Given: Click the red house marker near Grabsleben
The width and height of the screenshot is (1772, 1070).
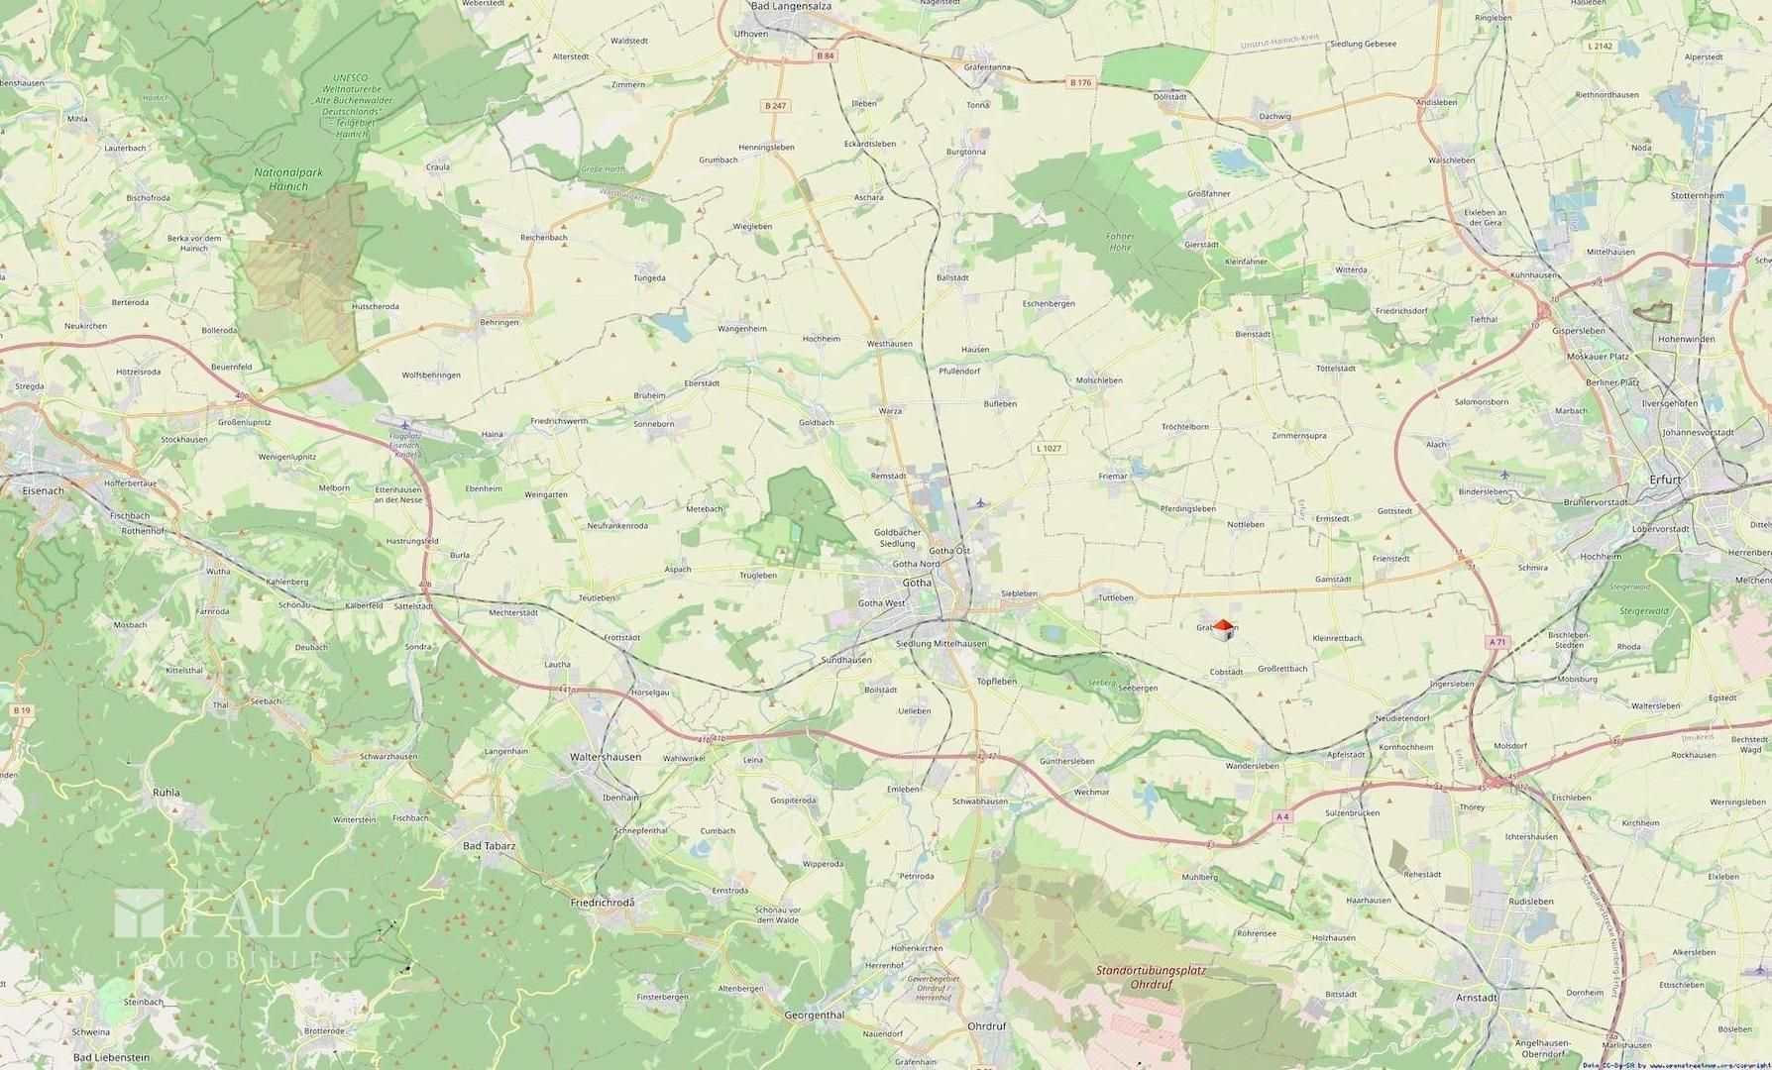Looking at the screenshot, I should pos(1224,628).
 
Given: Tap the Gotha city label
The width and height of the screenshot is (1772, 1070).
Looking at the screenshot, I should pos(917,583).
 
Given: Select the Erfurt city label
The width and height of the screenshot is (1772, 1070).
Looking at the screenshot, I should pos(1665,480).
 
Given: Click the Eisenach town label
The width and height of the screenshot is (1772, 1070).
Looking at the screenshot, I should pos(43,490).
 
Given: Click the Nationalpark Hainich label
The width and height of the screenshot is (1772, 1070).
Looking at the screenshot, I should pos(287,179).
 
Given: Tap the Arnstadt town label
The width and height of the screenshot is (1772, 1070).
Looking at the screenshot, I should pos(1477,998).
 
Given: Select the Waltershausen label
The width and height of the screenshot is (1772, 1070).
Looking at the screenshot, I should pos(605,757).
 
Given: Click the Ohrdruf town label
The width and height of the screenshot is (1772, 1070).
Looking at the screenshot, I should pos(986,1026).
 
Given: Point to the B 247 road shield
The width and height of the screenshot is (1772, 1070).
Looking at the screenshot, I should pos(775,106).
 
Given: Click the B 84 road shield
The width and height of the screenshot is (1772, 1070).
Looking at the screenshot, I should pos(825,56).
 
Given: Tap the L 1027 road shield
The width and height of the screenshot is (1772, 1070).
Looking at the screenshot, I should pos(1049,449).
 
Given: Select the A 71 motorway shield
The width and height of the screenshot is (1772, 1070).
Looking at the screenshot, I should pos(1496,642).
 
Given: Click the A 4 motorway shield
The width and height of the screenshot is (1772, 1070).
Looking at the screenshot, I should pos(1282,817).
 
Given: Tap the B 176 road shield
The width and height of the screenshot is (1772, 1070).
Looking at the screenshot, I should pos(1080,82).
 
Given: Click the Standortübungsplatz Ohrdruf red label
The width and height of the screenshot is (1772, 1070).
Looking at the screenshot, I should pos(1151,977).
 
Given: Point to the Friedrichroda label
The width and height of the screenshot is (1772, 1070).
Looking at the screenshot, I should pos(603,904).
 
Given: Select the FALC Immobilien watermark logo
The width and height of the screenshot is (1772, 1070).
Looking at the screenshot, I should pos(233,926).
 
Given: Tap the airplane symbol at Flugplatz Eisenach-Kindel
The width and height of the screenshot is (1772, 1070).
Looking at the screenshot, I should pos(404,425).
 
